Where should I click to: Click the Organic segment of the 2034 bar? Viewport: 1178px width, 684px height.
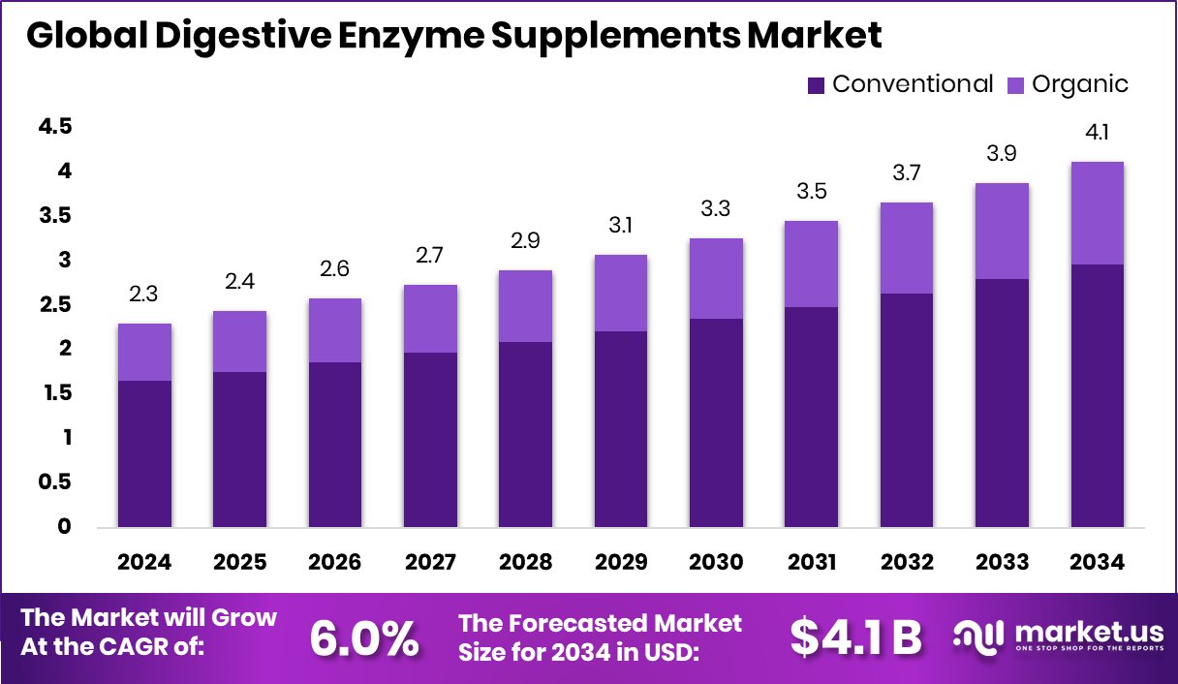1097,213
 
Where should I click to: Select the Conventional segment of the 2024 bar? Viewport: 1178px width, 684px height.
144,453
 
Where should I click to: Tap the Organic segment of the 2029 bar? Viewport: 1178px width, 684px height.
620,293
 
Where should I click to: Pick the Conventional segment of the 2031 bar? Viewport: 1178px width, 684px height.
811,417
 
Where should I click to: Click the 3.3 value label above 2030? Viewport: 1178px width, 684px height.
716,209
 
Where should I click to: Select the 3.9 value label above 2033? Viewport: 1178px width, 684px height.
1002,154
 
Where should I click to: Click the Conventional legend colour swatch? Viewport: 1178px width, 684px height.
816,85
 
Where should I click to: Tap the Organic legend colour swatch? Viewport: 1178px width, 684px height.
1015,85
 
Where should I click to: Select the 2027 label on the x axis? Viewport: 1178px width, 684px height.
430,563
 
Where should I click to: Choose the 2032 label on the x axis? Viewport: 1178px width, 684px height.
907,563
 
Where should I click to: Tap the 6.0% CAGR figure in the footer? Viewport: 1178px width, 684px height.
364,637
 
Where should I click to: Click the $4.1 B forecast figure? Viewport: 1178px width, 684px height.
855,637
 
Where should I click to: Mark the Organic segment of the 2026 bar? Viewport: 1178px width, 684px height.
335,330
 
